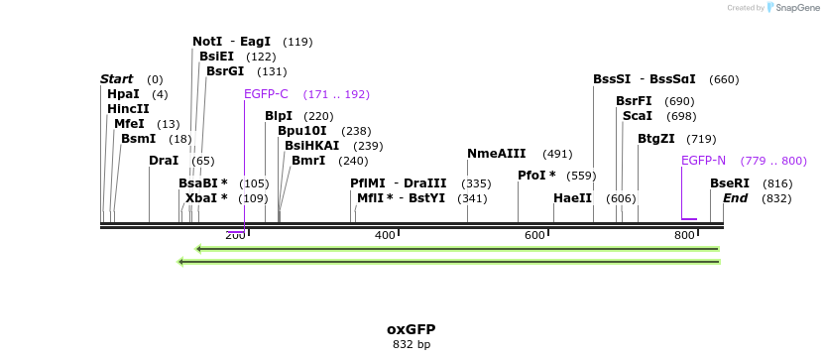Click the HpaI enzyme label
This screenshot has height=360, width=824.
(x=124, y=94)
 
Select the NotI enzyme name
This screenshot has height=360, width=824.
(x=207, y=42)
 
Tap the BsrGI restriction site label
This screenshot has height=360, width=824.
(x=225, y=71)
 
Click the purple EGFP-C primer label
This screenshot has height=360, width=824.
(x=266, y=94)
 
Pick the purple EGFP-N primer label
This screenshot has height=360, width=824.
(x=703, y=160)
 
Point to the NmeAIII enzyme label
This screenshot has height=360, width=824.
(x=497, y=154)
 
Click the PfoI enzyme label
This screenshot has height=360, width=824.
(x=537, y=176)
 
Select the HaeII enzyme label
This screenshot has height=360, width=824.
(x=572, y=198)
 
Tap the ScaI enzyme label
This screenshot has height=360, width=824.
(x=637, y=116)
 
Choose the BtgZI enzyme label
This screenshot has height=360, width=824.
(x=655, y=139)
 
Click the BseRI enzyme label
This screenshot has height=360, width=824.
(x=730, y=183)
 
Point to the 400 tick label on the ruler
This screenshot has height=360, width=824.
(x=385, y=235)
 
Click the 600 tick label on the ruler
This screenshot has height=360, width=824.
(x=534, y=235)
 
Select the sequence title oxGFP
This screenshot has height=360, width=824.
(x=411, y=329)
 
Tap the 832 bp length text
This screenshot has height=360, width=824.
(x=411, y=345)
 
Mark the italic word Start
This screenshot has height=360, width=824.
(x=117, y=79)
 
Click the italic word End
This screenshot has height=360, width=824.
(x=735, y=198)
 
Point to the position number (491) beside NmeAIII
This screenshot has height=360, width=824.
(x=557, y=154)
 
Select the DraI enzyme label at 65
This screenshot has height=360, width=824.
(x=164, y=161)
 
